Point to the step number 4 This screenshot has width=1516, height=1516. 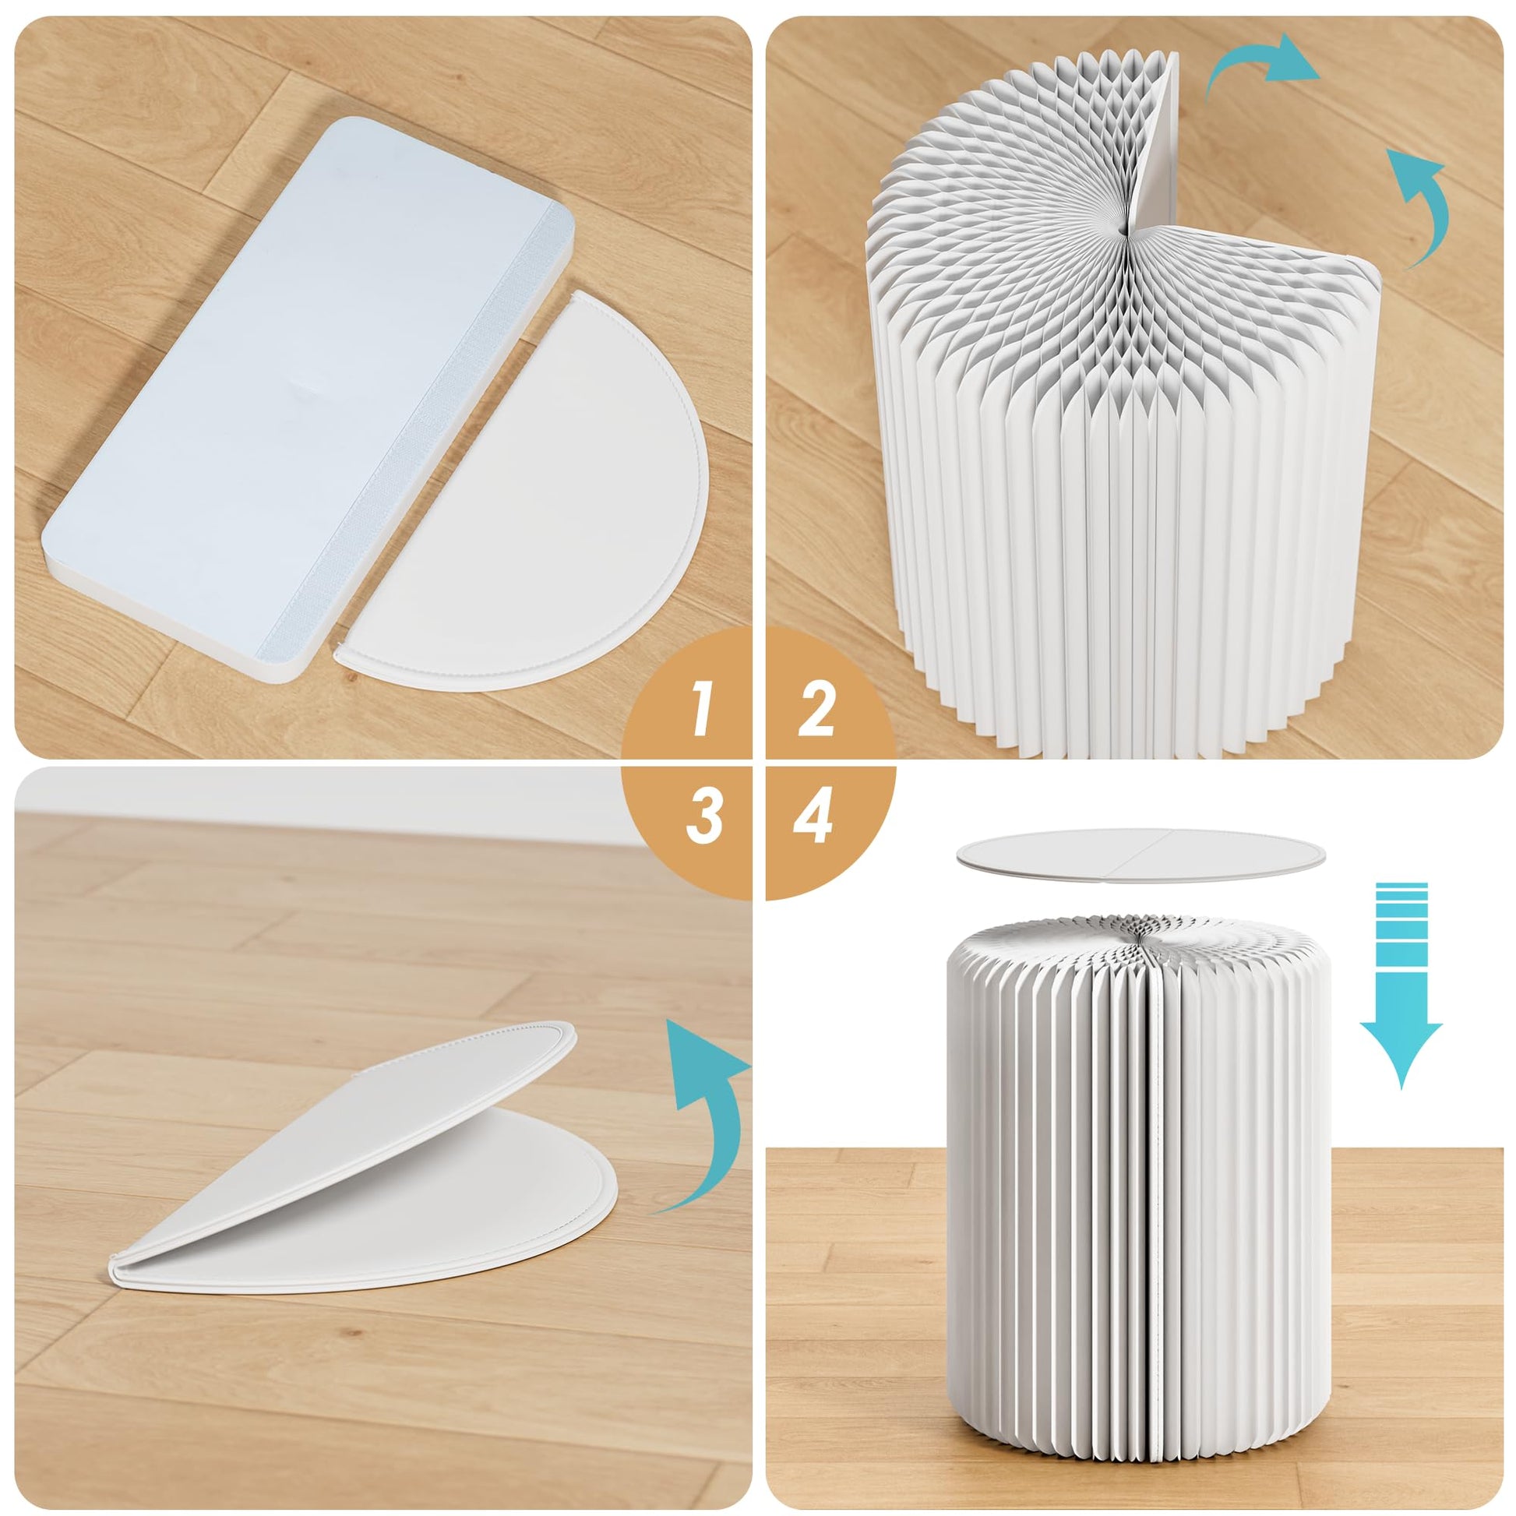[x=813, y=816]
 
